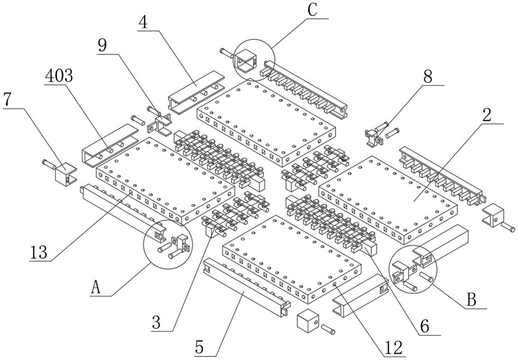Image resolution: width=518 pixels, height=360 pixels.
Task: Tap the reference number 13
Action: click(x=39, y=252)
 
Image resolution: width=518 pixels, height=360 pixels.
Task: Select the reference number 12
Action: click(x=394, y=348)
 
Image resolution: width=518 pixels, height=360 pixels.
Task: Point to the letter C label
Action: click(x=312, y=10)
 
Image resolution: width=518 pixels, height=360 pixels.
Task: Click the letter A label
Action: click(x=95, y=287)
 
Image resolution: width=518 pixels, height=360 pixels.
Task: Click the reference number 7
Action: click(x=8, y=99)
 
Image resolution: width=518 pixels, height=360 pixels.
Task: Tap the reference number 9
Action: click(x=102, y=46)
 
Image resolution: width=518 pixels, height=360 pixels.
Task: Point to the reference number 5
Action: click(x=199, y=347)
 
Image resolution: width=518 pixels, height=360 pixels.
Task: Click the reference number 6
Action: click(x=425, y=326)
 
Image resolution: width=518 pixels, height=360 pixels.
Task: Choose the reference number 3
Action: click(x=156, y=322)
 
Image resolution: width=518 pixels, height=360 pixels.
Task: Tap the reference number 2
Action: click(x=486, y=114)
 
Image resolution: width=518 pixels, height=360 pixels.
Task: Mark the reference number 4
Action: click(x=143, y=22)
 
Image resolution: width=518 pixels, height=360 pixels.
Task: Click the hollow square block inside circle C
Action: click(x=246, y=62)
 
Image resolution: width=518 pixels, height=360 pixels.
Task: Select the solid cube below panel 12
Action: click(x=308, y=320)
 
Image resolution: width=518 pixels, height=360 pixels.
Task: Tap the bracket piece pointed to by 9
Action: click(x=160, y=124)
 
